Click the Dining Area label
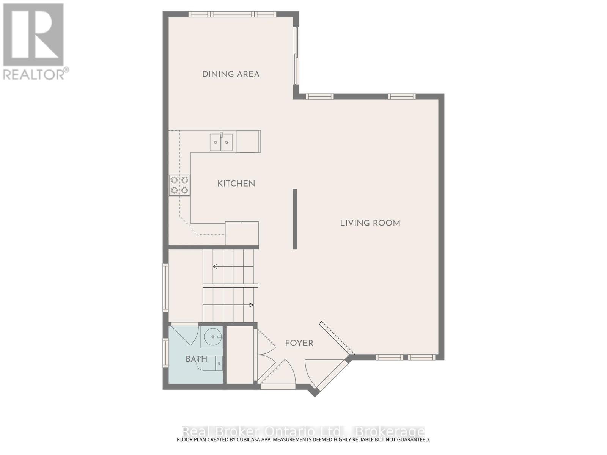pyautogui.click(x=231, y=74)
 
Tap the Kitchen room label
pyautogui.click(x=236, y=184)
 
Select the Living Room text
pyautogui.click(x=370, y=223)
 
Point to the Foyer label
pyautogui.click(x=299, y=343)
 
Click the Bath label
pyautogui.click(x=196, y=359)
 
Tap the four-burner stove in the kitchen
pyautogui.click(x=179, y=185)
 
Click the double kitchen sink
pyautogui.click(x=221, y=142)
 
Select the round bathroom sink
pyautogui.click(x=213, y=336)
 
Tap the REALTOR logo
pyautogui.click(x=34, y=42)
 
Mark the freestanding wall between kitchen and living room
pyautogui.click(x=295, y=219)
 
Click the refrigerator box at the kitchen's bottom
pyautogui.click(x=242, y=234)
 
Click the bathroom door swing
pyautogui.click(x=187, y=334)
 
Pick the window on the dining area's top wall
pyautogui.click(x=232, y=14)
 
